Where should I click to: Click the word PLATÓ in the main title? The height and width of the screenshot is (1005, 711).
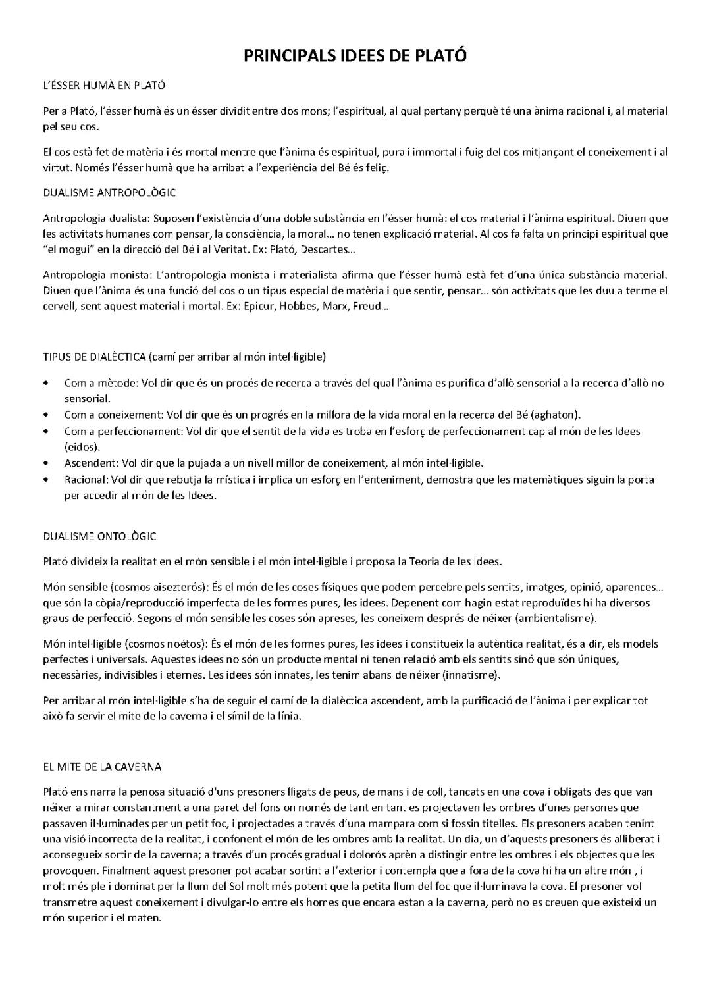437,56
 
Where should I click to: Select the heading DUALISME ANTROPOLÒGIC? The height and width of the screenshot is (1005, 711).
109,193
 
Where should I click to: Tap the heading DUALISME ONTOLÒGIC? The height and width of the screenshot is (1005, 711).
99,536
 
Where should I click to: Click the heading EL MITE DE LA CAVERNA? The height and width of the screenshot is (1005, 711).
102,767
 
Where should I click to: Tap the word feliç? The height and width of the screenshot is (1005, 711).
376,168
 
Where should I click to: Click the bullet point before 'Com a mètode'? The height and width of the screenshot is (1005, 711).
45,383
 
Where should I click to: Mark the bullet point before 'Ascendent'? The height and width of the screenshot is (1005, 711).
45,463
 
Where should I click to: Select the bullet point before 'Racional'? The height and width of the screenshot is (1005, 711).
45,480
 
